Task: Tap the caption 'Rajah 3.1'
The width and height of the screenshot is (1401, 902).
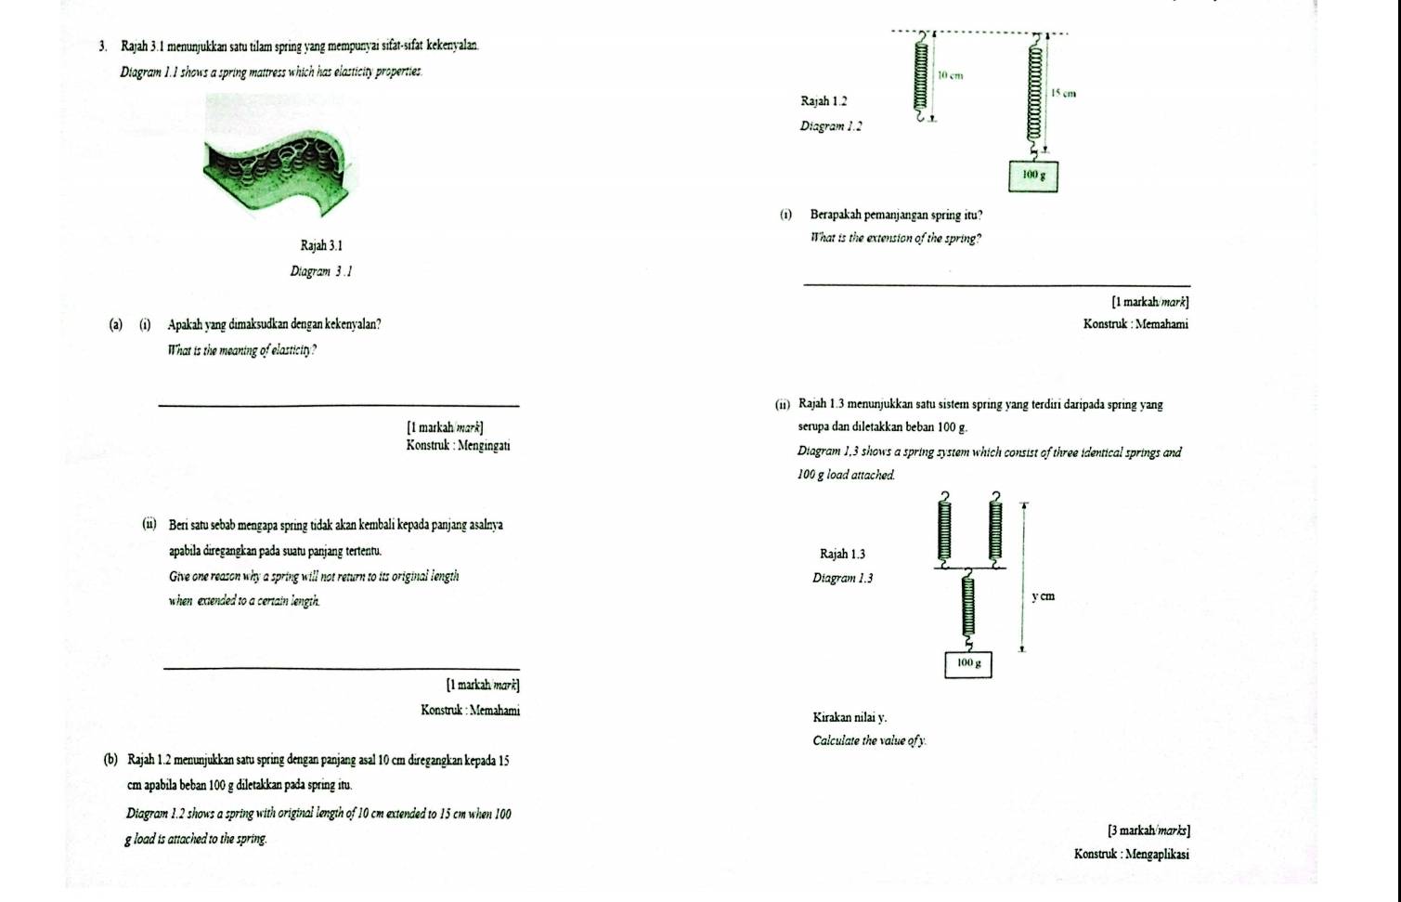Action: point(321,246)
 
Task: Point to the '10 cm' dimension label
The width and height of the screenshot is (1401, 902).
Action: point(949,75)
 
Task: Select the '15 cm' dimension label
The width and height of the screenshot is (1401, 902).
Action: point(1063,94)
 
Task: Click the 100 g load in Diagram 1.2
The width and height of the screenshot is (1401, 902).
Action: point(1033,175)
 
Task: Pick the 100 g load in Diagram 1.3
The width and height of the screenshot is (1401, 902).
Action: point(968,663)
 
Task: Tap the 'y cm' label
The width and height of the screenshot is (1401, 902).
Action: point(1043,596)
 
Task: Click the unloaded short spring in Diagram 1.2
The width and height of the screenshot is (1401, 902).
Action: point(920,79)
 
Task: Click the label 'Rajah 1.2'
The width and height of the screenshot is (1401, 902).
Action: point(823,100)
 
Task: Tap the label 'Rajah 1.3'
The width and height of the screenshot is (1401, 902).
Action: point(842,555)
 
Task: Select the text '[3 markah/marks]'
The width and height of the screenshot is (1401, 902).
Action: point(1148,830)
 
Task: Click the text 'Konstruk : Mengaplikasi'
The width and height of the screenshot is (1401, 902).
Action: point(1131,855)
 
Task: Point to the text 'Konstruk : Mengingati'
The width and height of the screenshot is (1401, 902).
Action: point(457,446)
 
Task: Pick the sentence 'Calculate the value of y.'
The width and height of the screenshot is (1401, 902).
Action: point(869,741)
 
